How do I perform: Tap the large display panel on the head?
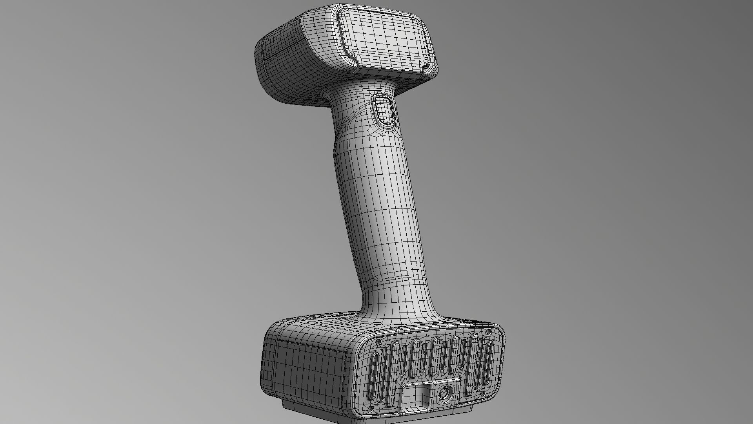(386, 39)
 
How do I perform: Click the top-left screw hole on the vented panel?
(378, 342)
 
